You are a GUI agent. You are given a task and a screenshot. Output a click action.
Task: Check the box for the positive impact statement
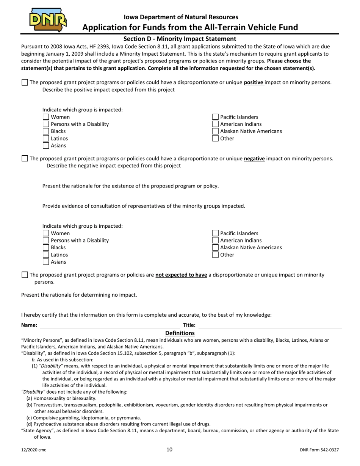[25, 82]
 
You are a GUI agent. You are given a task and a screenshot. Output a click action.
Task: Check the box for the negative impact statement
[25, 158]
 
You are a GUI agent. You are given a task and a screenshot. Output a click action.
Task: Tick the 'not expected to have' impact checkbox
[25, 275]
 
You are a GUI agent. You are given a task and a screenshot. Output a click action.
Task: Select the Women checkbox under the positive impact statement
[46, 117]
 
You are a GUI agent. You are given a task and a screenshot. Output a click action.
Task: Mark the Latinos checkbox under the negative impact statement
[46, 255]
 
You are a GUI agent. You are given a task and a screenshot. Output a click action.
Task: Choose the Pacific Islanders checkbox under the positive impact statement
[215, 117]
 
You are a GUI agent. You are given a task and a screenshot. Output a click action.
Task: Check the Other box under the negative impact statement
[215, 255]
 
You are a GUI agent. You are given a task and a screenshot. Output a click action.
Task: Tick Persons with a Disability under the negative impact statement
[46, 240]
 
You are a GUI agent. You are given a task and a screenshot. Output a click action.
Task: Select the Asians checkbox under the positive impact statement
[46, 145]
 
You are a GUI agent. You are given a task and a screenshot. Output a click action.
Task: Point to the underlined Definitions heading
[180, 333]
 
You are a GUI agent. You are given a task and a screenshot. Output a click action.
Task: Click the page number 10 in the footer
[169, 449]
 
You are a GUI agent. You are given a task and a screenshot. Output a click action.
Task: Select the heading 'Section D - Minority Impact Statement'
[180, 39]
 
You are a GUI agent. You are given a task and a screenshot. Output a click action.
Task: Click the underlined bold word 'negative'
[254, 158]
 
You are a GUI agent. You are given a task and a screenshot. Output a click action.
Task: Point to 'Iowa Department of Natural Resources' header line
[181, 17]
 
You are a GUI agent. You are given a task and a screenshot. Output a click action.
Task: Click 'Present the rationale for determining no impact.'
[79, 295]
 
